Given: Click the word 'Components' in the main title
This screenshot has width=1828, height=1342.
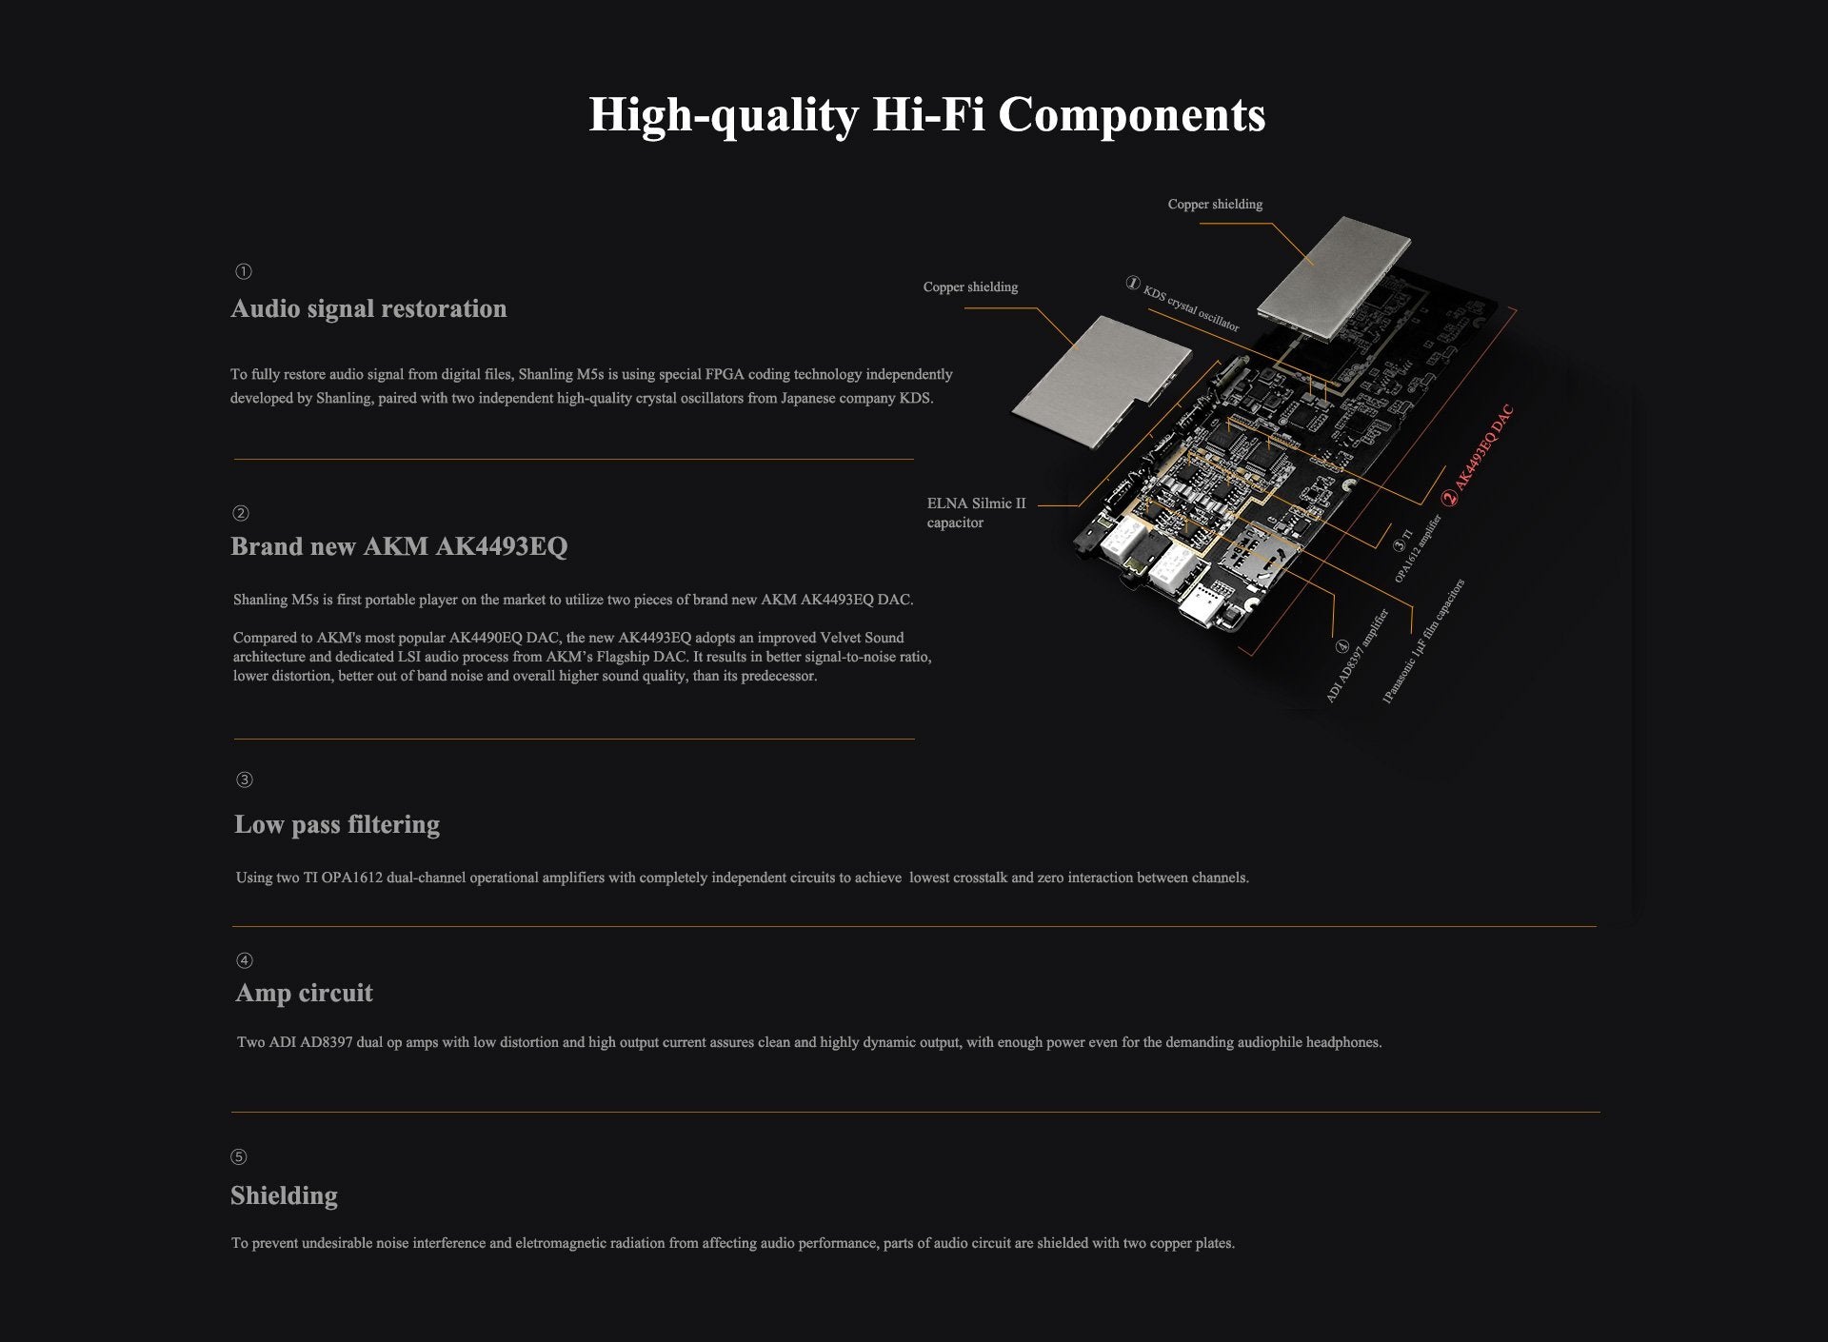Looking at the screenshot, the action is point(1131,116).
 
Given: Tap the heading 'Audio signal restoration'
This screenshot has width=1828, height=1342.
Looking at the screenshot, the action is point(368,309).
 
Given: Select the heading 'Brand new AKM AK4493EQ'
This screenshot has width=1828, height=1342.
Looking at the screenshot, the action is point(399,546).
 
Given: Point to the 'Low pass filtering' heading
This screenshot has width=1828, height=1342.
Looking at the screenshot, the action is point(337,824).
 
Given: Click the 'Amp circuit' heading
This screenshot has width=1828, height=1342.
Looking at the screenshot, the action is point(304,993).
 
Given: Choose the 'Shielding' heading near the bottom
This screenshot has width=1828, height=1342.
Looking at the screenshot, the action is point(284,1195).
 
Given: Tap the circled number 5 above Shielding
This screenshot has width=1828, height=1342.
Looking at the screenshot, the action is point(239,1157).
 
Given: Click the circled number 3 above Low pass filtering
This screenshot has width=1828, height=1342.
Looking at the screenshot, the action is point(245,780).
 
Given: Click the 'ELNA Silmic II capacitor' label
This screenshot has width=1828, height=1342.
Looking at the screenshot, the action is point(977,513).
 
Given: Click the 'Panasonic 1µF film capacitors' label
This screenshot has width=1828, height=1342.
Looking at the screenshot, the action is point(1423,641).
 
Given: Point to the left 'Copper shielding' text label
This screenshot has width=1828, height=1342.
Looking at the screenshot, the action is point(970,287).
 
